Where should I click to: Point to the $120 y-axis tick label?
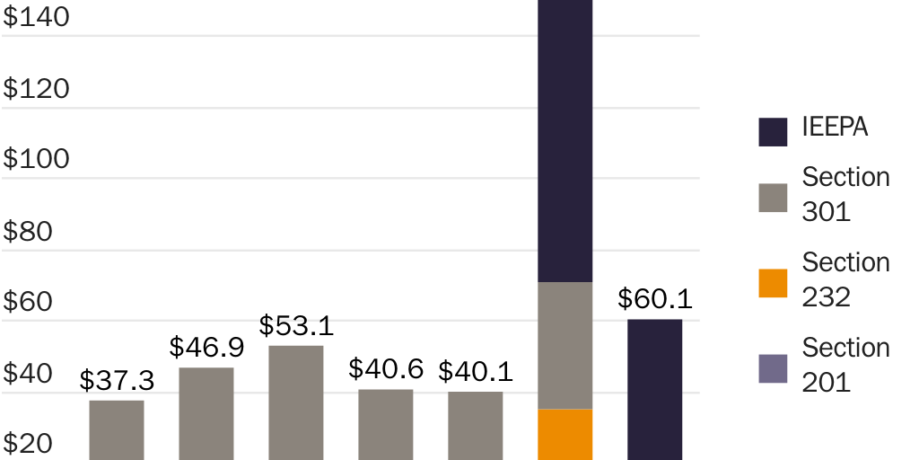pyautogui.click(x=37, y=88)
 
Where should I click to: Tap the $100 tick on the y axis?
pyautogui.click(x=37, y=159)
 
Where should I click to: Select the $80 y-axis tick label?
pyautogui.click(x=28, y=231)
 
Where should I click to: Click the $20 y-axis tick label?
pyautogui.click(x=28, y=444)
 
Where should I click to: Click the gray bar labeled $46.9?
pyautogui.click(x=206, y=413)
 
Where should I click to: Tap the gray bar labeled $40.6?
pyautogui.click(x=386, y=424)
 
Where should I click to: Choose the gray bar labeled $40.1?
pyautogui.click(x=476, y=425)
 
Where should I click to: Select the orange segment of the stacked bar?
pyautogui.click(x=565, y=434)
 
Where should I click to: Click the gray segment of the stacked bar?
pyautogui.click(x=565, y=346)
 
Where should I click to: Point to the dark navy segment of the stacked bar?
pyautogui.click(x=565, y=144)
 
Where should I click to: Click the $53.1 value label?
pyautogui.click(x=296, y=325)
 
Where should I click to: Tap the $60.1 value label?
pyautogui.click(x=654, y=299)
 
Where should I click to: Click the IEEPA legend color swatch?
pyautogui.click(x=773, y=131)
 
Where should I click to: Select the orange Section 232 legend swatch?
pyautogui.click(x=773, y=283)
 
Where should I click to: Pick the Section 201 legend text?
pyautogui.click(x=845, y=364)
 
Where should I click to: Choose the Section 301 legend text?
pyautogui.click(x=845, y=193)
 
